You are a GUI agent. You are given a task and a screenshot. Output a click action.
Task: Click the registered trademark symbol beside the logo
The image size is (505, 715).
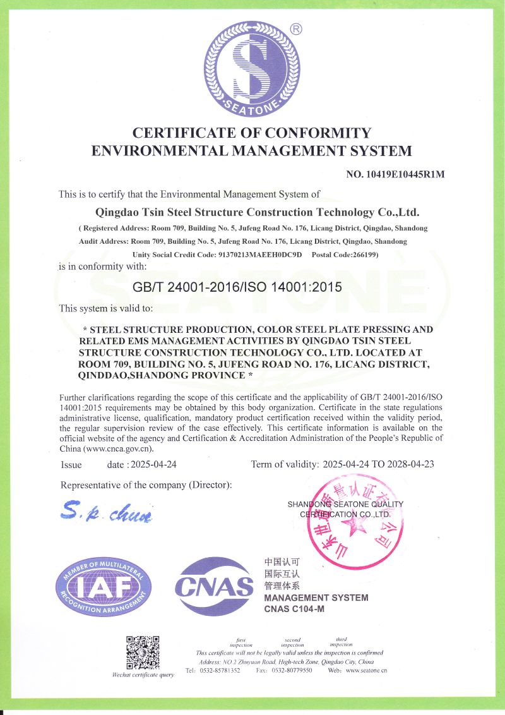pos(296,28)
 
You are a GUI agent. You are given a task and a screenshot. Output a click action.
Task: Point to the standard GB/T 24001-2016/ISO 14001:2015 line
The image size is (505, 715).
pos(237,287)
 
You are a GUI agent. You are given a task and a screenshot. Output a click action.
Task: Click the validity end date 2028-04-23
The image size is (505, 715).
pos(410,464)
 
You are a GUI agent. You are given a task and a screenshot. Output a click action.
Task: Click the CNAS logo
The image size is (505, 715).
pos(214,587)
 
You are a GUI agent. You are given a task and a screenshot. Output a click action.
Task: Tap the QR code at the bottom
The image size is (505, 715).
pos(142,652)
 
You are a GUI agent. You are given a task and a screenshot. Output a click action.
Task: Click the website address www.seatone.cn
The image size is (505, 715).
pos(366,670)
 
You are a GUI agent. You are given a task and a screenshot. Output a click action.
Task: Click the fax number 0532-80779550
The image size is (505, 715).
pos(292,670)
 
